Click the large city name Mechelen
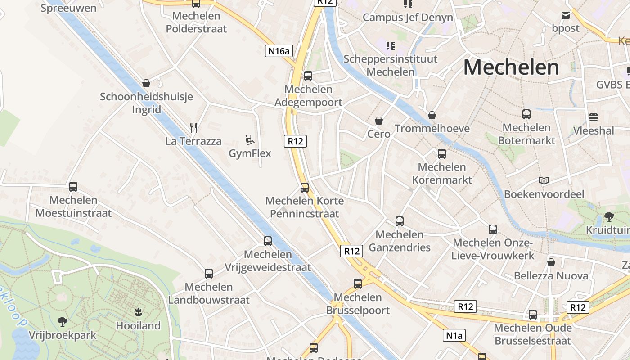tap(511, 67)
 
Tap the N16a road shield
tap(279, 51)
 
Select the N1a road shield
tap(454, 335)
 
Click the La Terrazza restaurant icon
tap(193, 128)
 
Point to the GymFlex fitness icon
tap(250, 140)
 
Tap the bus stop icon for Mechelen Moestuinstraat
tap(73, 186)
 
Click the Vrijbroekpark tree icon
tap(63, 321)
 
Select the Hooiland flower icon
tap(138, 312)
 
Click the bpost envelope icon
tap(566, 15)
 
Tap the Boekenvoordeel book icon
tap(544, 181)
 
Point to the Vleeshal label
tap(594, 130)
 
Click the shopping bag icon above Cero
tap(379, 121)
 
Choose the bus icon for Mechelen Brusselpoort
tap(358, 283)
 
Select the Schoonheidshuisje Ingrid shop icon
tap(146, 83)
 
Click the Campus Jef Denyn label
tap(408, 18)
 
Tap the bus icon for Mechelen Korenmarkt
tap(442, 154)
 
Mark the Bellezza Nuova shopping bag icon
tap(551, 262)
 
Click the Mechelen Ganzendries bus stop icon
tap(400, 221)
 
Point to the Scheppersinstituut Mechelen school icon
tap(391, 45)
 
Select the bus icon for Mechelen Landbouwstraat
tap(209, 273)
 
